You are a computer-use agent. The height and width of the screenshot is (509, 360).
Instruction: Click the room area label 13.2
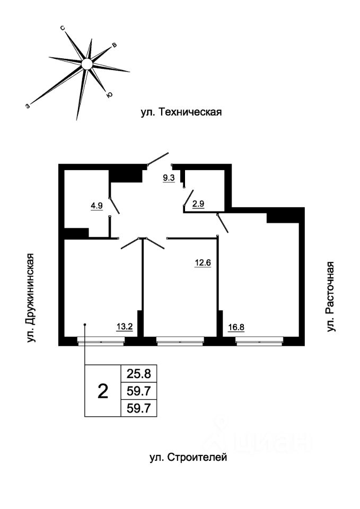click(125, 326)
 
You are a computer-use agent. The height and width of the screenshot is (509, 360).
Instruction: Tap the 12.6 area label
click(203, 262)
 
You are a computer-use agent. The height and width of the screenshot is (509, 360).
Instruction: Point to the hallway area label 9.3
click(169, 178)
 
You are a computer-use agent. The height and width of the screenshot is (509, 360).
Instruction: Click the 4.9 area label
click(96, 206)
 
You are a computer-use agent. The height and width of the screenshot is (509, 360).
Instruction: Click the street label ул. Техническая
click(180, 112)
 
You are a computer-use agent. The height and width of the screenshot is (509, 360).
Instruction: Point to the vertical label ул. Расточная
click(331, 297)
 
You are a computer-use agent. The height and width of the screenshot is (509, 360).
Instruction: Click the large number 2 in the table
click(103, 392)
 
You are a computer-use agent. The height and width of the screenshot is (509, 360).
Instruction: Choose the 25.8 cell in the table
click(139, 374)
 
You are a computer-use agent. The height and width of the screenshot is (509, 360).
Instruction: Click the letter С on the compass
click(63, 27)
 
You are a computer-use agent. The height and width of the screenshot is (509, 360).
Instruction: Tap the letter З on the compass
click(27, 106)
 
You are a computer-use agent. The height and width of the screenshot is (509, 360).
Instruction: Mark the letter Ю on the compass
click(109, 95)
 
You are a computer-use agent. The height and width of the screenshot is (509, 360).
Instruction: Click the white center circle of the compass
click(87, 64)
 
